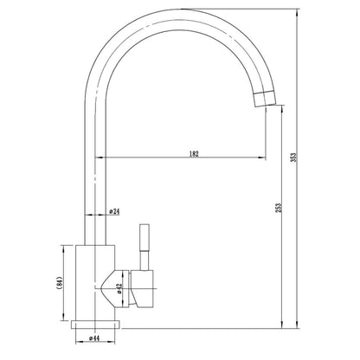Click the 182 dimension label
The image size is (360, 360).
[194, 154]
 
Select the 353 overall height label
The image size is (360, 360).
[293, 157]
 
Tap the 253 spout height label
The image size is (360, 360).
[279, 208]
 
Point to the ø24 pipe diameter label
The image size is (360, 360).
[114, 211]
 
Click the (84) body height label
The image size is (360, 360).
[60, 283]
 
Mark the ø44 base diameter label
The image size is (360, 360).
[94, 338]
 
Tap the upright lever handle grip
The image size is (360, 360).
[145, 237]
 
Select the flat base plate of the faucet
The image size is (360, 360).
[95, 325]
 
